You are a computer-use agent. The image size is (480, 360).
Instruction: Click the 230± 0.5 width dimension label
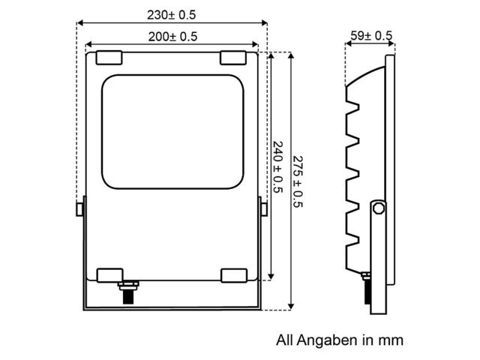click(x=172, y=15)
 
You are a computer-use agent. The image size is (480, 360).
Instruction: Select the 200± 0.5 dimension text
click(x=172, y=36)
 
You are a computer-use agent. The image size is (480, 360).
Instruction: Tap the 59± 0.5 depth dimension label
click(x=370, y=35)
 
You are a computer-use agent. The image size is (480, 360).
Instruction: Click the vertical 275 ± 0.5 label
click(x=298, y=182)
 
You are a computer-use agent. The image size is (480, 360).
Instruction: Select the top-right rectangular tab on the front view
click(x=232, y=57)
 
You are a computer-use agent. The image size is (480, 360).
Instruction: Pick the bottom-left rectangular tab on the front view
click(x=109, y=274)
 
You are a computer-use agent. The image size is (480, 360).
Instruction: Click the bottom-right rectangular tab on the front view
click(x=232, y=274)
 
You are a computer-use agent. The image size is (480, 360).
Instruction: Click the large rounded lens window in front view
click(x=171, y=130)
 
